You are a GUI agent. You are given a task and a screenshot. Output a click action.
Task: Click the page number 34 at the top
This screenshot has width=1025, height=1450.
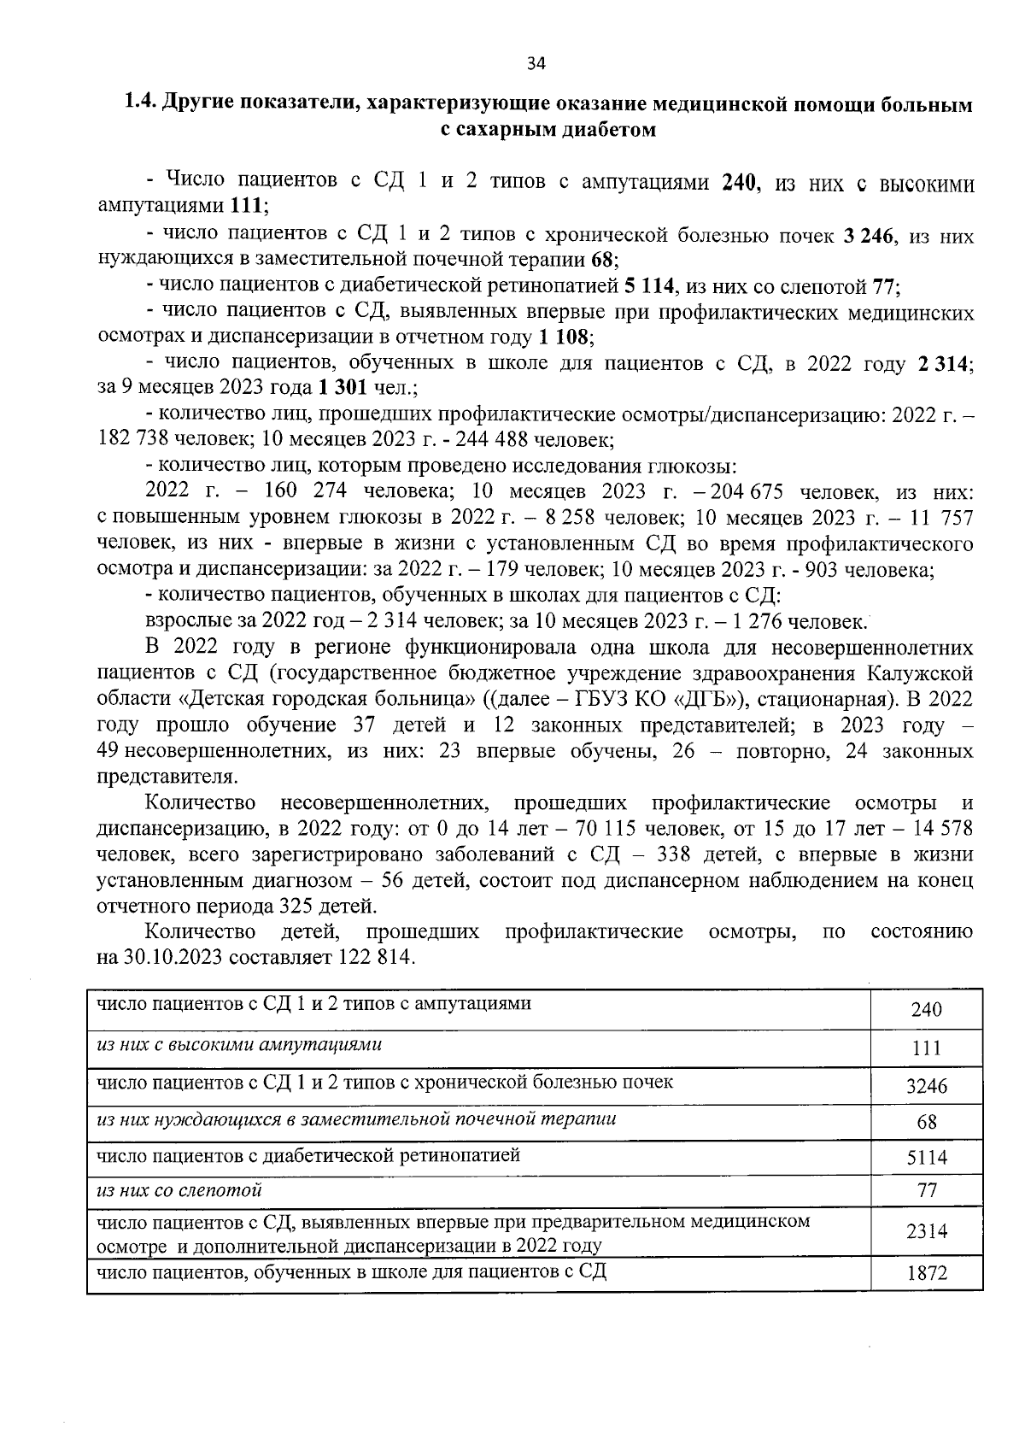(x=536, y=62)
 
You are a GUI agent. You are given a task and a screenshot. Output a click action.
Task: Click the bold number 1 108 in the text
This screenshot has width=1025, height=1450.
(x=564, y=336)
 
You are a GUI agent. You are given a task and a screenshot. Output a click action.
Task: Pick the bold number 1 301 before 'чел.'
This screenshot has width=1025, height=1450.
(x=343, y=388)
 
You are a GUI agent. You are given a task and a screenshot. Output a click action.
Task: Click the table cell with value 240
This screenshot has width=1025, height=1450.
(x=926, y=1010)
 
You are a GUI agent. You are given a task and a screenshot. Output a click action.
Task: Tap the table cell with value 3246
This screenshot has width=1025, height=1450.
(x=926, y=1087)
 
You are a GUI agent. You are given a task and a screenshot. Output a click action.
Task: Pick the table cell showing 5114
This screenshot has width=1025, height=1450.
(x=926, y=1159)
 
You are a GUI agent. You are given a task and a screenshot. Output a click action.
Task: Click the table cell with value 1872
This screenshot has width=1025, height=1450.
(x=926, y=1273)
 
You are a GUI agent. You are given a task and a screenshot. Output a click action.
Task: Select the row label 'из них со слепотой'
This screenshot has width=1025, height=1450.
(x=179, y=1189)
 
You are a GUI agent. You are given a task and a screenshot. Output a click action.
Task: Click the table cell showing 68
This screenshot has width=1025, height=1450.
(x=926, y=1122)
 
